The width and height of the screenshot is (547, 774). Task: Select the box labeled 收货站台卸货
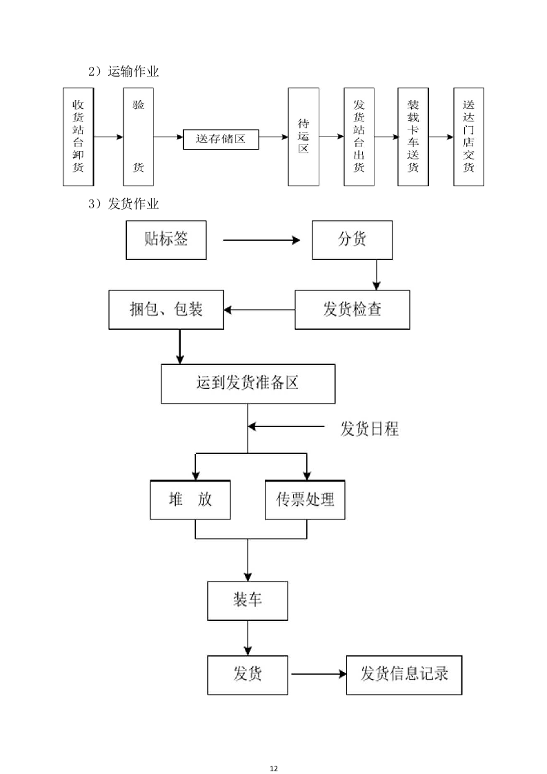pos(78,137)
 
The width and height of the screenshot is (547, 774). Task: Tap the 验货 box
pos(138,137)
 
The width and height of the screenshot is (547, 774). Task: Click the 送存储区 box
pos(221,139)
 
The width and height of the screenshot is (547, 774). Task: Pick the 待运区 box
pos(304,137)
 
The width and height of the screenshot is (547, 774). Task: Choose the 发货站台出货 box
pos(359,137)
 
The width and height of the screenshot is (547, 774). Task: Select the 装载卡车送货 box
pos(413,137)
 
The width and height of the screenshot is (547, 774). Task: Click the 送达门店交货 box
pos(468,137)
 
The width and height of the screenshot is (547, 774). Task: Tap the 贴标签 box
pos(166,240)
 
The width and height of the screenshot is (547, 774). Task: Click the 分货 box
pos(352,240)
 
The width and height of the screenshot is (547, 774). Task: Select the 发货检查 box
pos(352,309)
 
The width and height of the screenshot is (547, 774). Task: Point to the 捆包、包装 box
pos(166,309)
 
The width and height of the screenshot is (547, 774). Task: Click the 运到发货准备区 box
pos(248,384)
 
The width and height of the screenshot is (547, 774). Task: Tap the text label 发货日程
pos(369,428)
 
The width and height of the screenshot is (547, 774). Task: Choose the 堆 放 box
pos(190,499)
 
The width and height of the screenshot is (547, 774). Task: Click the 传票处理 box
pos(305,499)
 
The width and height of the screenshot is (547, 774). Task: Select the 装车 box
pos(248,600)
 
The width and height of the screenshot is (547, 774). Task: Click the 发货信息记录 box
pos(404,674)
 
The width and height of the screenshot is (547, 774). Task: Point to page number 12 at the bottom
pos(274,749)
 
